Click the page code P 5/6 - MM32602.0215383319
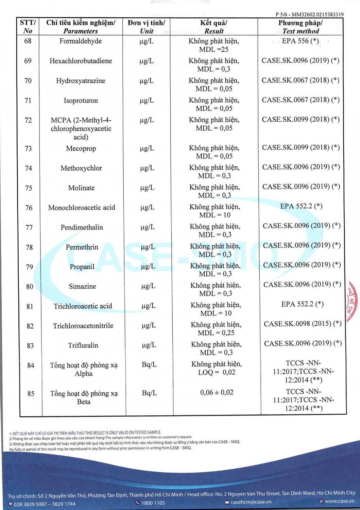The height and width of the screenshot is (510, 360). pyautogui.click(x=309, y=15)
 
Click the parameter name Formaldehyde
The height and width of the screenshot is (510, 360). pyautogui.click(x=81, y=41)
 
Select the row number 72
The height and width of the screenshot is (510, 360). pyautogui.click(x=28, y=120)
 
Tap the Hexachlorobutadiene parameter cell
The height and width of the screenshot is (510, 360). pyautogui.click(x=81, y=61)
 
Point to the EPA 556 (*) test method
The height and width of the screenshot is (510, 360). pyautogui.click(x=300, y=41)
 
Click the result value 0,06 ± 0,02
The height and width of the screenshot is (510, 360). pyautogui.click(x=217, y=392)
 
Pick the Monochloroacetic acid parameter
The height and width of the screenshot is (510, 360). pyautogui.click(x=82, y=208)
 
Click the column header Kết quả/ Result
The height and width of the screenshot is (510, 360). pyautogui.click(x=214, y=27)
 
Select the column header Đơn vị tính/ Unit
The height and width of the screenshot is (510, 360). pyautogui.click(x=147, y=27)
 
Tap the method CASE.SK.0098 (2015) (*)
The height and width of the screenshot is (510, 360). pyautogui.click(x=303, y=324)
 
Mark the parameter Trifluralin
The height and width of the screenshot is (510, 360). pyautogui.click(x=83, y=345)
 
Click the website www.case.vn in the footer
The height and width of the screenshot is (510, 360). pyautogui.click(x=339, y=501)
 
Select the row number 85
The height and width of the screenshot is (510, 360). pyautogui.click(x=31, y=394)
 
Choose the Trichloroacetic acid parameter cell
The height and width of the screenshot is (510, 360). pyautogui.click(x=83, y=306)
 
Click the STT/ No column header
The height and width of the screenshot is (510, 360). pyautogui.click(x=28, y=27)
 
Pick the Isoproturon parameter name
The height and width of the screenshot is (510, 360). pyautogui.click(x=81, y=101)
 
